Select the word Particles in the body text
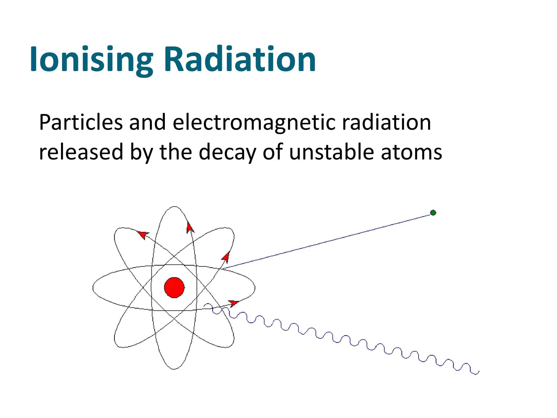coord(81,122)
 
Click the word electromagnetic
coord(254,122)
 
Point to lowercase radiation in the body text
coord(386,122)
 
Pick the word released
coord(81,152)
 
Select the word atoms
coord(411,152)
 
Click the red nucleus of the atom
coord(174,287)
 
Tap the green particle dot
coord(433,213)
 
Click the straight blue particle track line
coord(326,241)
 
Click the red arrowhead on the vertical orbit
coord(190,228)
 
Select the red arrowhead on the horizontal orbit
coord(233,303)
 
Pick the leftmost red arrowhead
coord(143,234)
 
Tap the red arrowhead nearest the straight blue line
coord(226,257)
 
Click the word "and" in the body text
coord(147,122)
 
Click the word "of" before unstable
coord(273,152)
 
